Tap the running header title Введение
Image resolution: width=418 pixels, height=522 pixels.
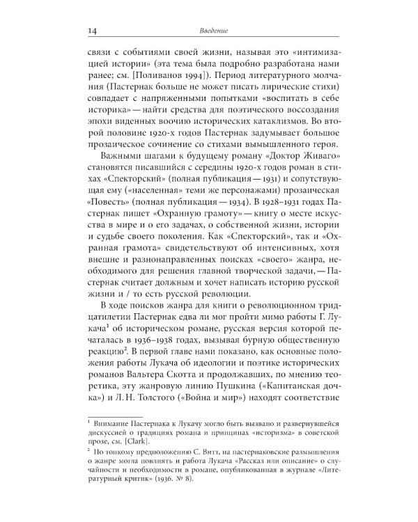point(209,30)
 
